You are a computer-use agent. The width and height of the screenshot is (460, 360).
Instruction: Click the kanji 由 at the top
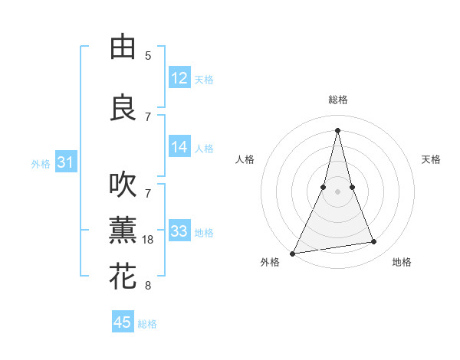pyautogui.click(x=123, y=47)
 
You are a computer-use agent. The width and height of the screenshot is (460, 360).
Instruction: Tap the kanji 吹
pyautogui.click(x=123, y=185)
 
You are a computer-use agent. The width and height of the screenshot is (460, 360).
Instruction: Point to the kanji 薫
pyautogui.click(x=123, y=231)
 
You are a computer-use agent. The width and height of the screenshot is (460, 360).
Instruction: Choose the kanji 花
pyautogui.click(x=123, y=277)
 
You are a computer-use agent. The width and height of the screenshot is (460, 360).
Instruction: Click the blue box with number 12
pyautogui.click(x=179, y=78)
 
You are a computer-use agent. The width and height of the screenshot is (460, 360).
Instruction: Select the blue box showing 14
pyautogui.click(x=179, y=147)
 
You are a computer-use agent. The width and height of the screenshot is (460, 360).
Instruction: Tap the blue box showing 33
pyautogui.click(x=179, y=231)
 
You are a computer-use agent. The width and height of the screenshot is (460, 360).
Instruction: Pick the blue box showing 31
pyautogui.click(x=65, y=162)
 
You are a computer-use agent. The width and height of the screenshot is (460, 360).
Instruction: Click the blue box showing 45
pyautogui.click(x=123, y=322)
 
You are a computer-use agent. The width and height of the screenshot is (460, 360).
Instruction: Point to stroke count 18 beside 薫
pyautogui.click(x=149, y=240)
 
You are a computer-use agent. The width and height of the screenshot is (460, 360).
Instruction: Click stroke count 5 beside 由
pyautogui.click(x=148, y=56)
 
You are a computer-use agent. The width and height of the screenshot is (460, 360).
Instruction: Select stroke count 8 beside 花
pyautogui.click(x=148, y=286)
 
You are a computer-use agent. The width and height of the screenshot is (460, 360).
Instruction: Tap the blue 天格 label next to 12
pyautogui.click(x=204, y=80)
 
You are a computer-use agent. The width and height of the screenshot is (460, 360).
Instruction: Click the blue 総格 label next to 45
pyautogui.click(x=147, y=324)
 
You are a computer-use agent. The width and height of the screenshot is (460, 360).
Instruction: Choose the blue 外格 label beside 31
pyautogui.click(x=41, y=164)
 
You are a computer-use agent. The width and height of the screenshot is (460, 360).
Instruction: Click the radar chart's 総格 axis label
pyautogui.click(x=337, y=100)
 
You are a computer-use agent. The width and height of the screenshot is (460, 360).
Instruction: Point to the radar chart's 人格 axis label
pyautogui.click(x=245, y=159)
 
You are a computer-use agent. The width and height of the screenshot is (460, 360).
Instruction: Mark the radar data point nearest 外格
pyautogui.click(x=293, y=253)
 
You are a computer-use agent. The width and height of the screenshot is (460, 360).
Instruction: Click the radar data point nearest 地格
pyautogui.click(x=374, y=242)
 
